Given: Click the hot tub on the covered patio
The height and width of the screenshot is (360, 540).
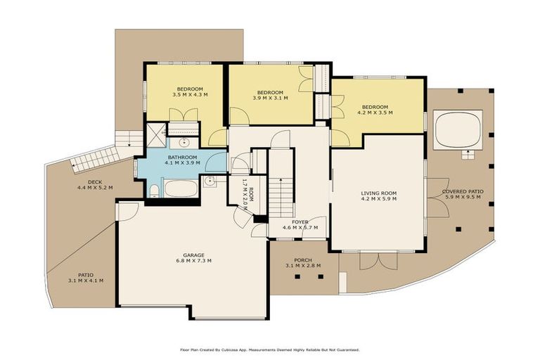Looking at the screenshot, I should (457, 130).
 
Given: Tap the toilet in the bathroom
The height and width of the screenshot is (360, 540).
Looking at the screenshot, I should (155, 190).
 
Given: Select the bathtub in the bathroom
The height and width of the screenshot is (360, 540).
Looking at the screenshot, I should (181, 188).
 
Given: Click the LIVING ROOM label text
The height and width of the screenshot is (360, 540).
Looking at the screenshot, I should (379, 193).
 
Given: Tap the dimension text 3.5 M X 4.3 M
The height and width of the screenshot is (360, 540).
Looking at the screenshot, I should (189, 95).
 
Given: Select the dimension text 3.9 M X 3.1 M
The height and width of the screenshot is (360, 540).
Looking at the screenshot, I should (269, 99).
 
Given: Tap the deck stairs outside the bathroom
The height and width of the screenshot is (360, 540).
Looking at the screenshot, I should (94, 159).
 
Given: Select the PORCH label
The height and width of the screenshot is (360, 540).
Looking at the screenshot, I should (303, 259).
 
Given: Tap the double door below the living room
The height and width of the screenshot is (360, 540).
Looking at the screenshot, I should (378, 260).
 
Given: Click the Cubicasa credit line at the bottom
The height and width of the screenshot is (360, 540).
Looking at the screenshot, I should (270, 349).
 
